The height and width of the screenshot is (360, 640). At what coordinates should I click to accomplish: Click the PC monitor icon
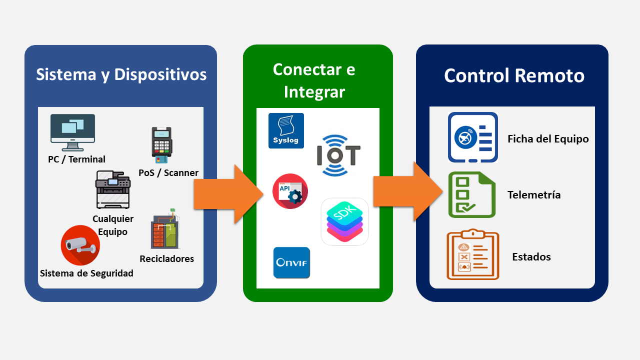(x=72, y=132)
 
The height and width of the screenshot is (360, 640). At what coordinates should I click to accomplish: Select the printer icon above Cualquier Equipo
(x=113, y=190)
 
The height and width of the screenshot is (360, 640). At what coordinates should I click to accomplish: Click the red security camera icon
(x=80, y=245)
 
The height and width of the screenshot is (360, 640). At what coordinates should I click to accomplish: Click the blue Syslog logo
(x=286, y=130)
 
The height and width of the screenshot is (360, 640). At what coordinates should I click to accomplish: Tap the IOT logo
(x=338, y=155)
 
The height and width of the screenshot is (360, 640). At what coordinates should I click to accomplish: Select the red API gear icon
(x=290, y=191)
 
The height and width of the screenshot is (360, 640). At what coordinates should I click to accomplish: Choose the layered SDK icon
(x=344, y=221)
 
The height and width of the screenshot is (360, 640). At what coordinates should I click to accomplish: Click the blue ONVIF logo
(x=291, y=262)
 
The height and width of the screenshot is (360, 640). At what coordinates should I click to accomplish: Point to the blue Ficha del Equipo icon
(x=472, y=137)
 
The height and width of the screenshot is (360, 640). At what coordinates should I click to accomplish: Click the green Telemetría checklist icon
(x=471, y=194)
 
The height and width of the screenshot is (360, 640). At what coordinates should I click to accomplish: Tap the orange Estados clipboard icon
(x=472, y=254)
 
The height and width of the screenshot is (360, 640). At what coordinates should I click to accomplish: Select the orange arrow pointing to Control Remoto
(x=407, y=191)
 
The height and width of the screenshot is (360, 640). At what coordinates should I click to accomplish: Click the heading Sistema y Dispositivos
(x=121, y=74)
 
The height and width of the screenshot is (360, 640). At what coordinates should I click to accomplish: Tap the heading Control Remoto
(x=514, y=76)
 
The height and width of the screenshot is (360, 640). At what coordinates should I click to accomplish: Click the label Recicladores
(x=166, y=258)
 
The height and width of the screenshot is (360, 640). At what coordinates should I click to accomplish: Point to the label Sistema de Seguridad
(x=86, y=273)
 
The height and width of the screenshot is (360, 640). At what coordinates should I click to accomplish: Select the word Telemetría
(x=534, y=195)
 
